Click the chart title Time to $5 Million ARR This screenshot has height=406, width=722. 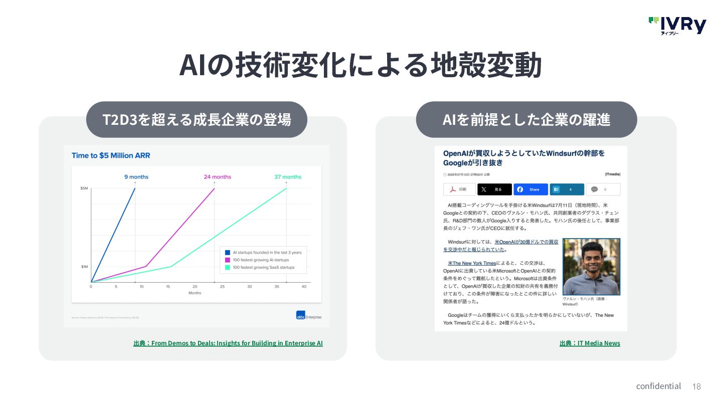111,155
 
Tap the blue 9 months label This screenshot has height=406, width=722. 136,177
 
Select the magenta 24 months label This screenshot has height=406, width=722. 217,177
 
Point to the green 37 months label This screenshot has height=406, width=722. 288,177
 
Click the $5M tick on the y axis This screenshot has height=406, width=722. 84,188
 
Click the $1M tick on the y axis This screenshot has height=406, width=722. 84,267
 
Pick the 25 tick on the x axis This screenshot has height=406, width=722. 222,286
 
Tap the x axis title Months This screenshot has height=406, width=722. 195,293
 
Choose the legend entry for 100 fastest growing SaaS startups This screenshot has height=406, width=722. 263,268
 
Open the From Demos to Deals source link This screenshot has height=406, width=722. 228,343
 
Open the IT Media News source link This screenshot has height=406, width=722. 590,343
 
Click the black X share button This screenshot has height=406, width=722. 494,189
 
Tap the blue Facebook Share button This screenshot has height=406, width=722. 530,189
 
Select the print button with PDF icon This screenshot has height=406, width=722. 459,189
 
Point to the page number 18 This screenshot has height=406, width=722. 696,386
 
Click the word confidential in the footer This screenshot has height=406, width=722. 658,386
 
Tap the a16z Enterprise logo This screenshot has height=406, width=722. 309,316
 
